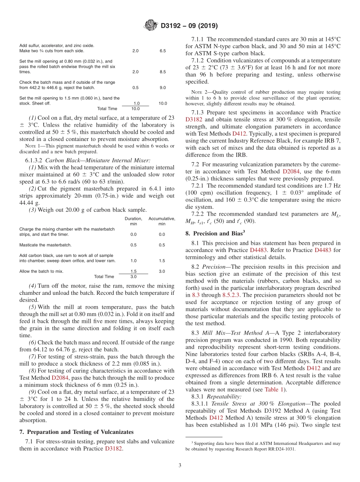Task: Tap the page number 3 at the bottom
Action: coord(180,465)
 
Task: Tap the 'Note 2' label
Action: coord(197,92)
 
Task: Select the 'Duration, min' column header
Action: coord(133,221)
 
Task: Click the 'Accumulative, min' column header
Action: coord(162,221)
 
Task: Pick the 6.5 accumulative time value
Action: coord(162,51)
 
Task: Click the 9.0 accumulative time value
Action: coord(162,87)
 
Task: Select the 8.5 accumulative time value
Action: coord(162,72)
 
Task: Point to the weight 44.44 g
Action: coord(25,203)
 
